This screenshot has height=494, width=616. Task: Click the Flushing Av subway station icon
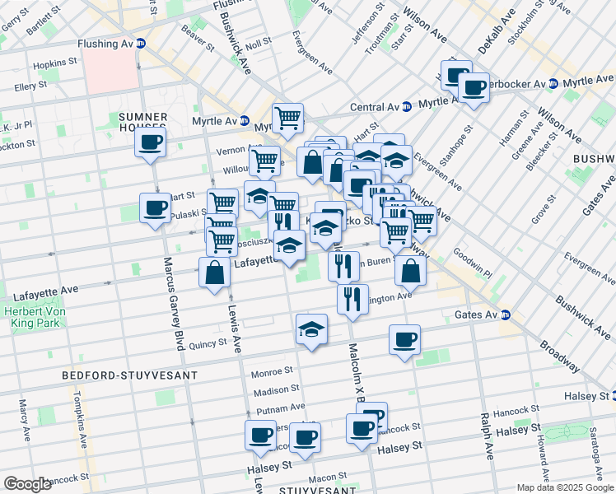141,43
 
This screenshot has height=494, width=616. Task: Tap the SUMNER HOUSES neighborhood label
143,116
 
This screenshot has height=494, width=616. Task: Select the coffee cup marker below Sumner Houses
151,142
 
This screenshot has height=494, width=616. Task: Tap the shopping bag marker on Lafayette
214,273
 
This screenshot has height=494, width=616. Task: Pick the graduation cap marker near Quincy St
311,329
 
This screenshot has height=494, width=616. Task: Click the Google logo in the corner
28,484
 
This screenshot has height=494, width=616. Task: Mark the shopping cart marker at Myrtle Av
287,118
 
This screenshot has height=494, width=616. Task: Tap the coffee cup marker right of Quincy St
404,339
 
